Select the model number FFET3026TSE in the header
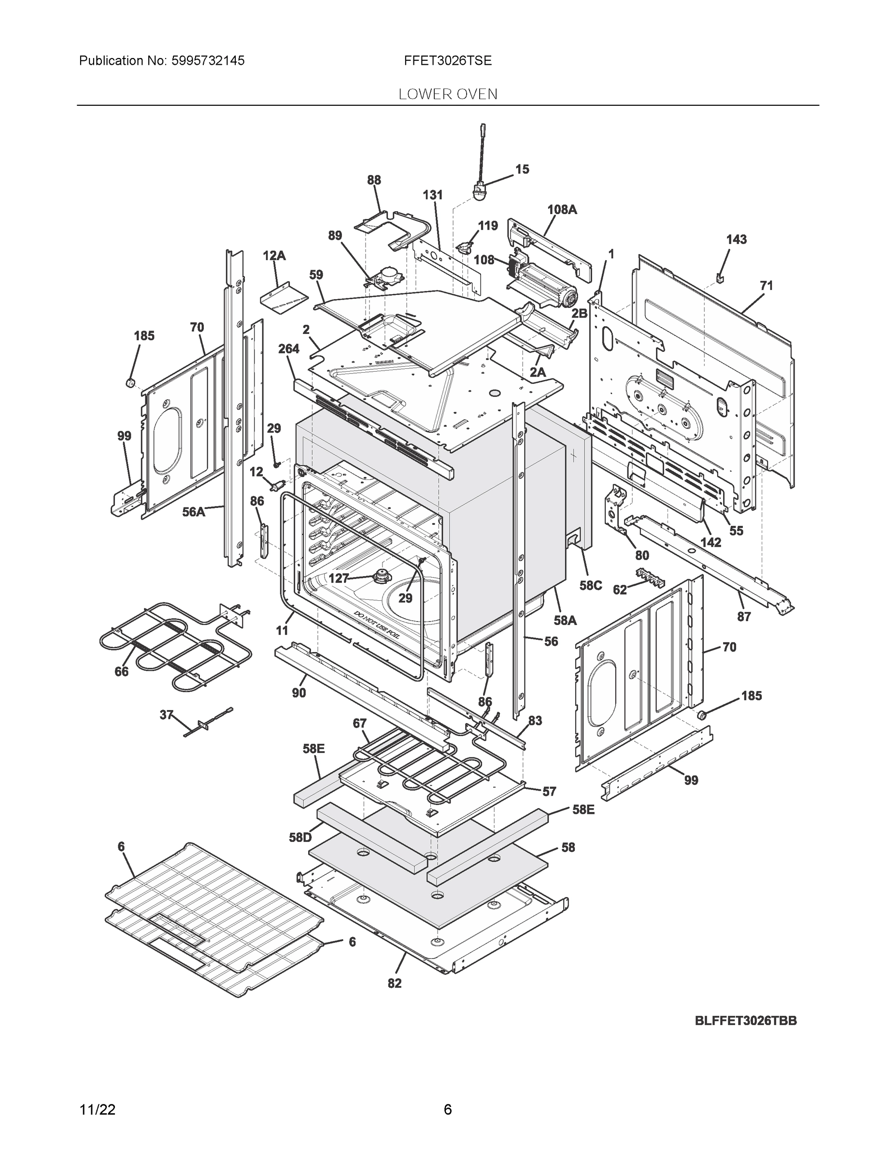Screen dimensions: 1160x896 point(447,61)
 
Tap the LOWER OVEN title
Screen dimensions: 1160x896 point(447,95)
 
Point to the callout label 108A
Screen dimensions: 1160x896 point(562,210)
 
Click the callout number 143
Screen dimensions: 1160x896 point(736,240)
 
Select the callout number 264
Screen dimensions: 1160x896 point(288,349)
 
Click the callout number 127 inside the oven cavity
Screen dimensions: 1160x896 point(339,579)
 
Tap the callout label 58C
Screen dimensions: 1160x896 point(590,585)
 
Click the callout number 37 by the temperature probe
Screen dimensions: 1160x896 point(167,715)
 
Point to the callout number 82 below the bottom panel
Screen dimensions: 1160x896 point(395,984)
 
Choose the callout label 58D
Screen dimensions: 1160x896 point(300,838)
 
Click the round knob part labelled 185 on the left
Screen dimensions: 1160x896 point(129,382)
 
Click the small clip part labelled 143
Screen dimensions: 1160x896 point(720,277)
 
